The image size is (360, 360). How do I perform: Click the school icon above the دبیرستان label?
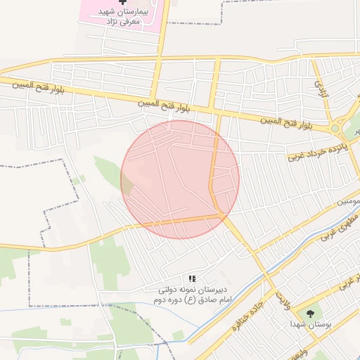pos(193,279)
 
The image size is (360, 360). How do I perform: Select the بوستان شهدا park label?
pos(308,325)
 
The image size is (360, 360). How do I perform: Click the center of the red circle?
pos(180,179)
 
